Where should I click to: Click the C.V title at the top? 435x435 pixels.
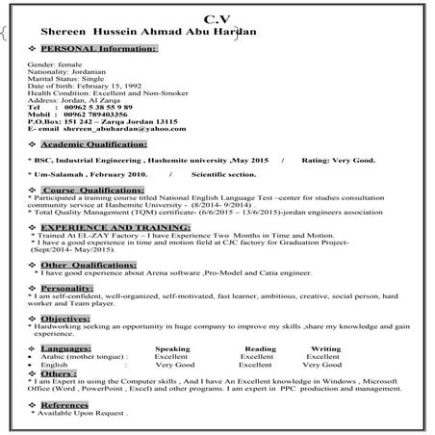click(217, 18)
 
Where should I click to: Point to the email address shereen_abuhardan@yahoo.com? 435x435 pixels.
click(118, 128)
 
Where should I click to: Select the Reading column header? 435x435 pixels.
click(260, 347)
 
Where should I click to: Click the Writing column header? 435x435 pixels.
click(324, 347)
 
